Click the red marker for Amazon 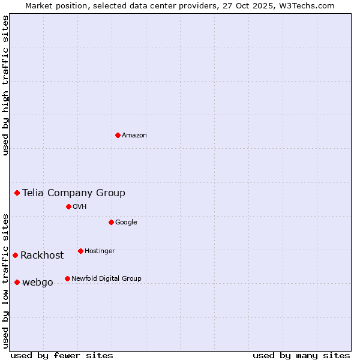pyautogui.click(x=118, y=135)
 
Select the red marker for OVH pyautogui.click(x=68, y=206)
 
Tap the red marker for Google pyautogui.click(x=111, y=222)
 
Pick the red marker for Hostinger pyautogui.click(x=80, y=251)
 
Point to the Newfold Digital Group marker pyautogui.click(x=67, y=278)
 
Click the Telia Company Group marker pyautogui.click(x=17, y=193)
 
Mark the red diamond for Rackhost pyautogui.click(x=15, y=255)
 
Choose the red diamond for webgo pyautogui.click(x=17, y=282)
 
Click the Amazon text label pyautogui.click(x=134, y=136)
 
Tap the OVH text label pyautogui.click(x=80, y=207)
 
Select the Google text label pyautogui.click(x=126, y=223)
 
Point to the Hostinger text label pyautogui.click(x=100, y=251)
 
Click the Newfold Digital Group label pyautogui.click(x=106, y=279)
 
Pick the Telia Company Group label pyautogui.click(x=74, y=193)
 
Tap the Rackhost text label pyautogui.click(x=42, y=256)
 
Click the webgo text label pyautogui.click(x=38, y=283)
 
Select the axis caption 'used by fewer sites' pyautogui.click(x=62, y=355)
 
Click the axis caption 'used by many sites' pyautogui.click(x=301, y=355)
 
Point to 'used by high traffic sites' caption pyautogui.click(x=5, y=85)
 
